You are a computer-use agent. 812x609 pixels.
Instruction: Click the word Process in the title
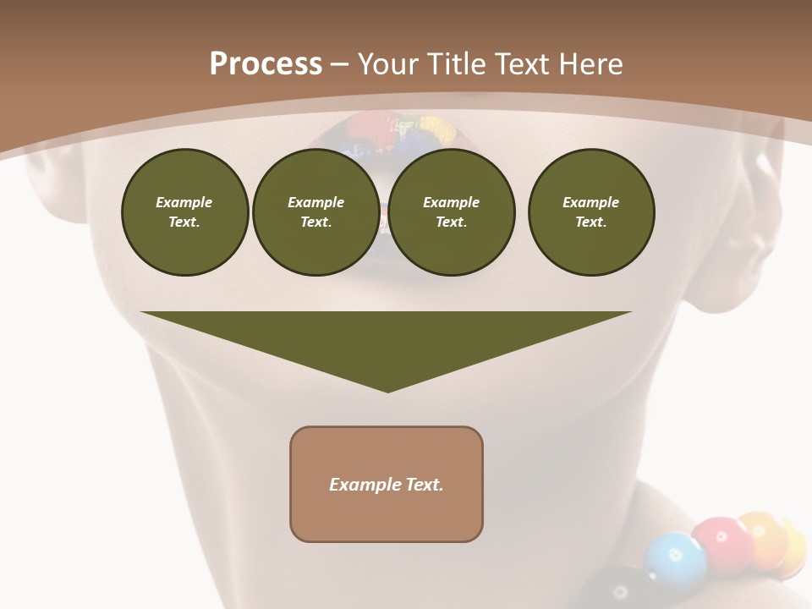point(266,64)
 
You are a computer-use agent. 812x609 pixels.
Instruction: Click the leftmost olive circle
point(184,211)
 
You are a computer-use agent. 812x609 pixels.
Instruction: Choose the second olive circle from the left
point(315,211)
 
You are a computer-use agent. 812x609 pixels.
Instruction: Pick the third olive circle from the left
point(451,211)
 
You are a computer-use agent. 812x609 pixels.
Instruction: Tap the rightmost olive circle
point(590,211)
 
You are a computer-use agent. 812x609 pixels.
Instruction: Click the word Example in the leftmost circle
point(184,202)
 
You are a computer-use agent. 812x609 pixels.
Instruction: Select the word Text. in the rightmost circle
point(590,222)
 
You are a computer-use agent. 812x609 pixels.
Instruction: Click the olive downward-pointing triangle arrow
point(387,338)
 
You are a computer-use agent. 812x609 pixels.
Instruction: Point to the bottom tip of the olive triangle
point(387,390)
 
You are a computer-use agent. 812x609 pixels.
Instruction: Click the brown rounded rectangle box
point(387,484)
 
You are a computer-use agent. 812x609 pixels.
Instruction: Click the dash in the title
point(339,64)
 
